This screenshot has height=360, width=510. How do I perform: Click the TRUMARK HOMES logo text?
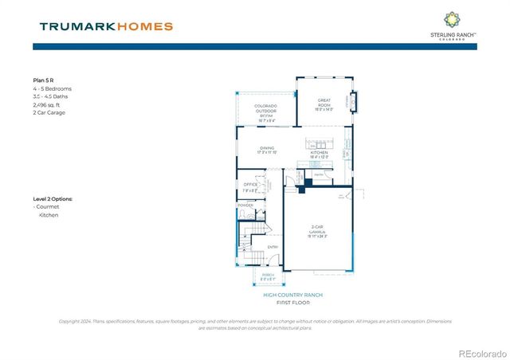click(x=105, y=26)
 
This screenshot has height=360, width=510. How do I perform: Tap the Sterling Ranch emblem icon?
click(x=451, y=18)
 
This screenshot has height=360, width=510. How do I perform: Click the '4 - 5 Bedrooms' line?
click(x=52, y=88)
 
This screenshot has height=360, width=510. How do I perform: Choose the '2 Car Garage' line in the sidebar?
click(x=49, y=112)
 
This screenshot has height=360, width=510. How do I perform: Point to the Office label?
click(x=250, y=187)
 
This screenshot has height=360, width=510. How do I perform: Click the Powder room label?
click(x=245, y=205)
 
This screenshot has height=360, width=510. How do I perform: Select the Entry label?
click(x=273, y=246)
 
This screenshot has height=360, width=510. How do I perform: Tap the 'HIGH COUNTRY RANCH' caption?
click(x=292, y=295)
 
